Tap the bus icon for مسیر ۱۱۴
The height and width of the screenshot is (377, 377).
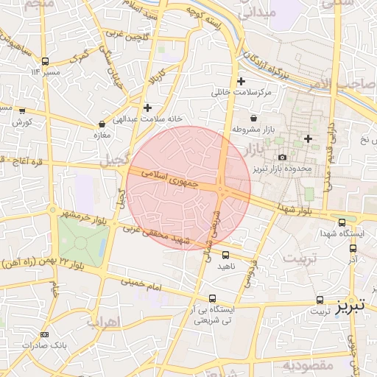(x=46, y=61)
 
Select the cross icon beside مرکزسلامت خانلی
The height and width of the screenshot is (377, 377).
(x=242, y=81)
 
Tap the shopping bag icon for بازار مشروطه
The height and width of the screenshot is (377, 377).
(x=254, y=118)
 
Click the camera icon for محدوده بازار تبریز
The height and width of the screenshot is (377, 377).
(x=282, y=157)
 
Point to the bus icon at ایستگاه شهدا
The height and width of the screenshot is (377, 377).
(x=342, y=222)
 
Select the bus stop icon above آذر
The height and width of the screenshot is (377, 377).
(x=353, y=248)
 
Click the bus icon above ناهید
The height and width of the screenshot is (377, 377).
(x=225, y=255)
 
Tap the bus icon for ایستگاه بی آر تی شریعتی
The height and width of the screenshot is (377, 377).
(x=213, y=298)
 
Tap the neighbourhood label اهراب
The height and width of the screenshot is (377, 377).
(x=103, y=322)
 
